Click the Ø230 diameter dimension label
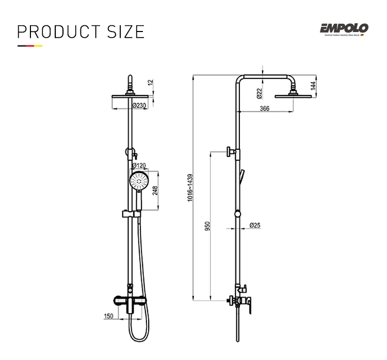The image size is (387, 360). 139,105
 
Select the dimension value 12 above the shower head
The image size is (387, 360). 150,82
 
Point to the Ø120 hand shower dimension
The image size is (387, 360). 140,166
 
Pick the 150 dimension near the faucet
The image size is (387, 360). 108,316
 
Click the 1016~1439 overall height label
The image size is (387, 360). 190,187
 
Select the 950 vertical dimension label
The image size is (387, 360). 207,226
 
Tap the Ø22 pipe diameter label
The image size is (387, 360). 259,92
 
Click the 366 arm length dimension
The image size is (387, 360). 264,108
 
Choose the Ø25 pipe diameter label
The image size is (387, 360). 254,226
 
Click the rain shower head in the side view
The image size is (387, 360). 294,96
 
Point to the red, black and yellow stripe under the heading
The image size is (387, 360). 29,46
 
